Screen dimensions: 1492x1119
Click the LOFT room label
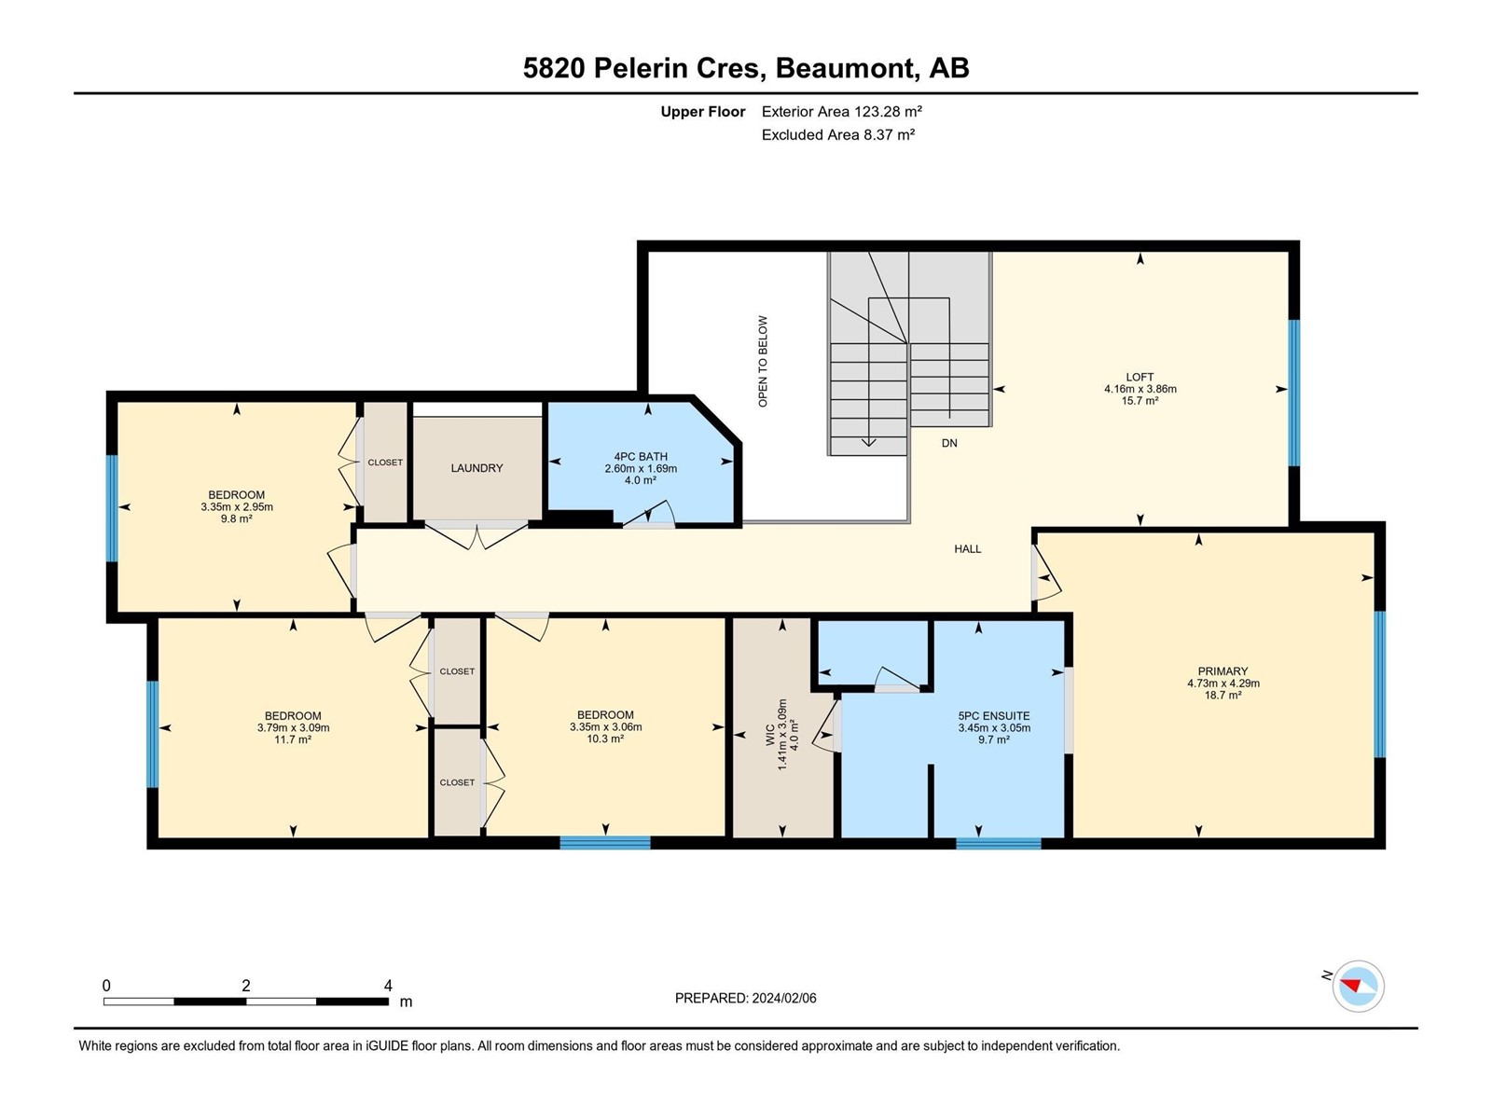pyautogui.click(x=1140, y=377)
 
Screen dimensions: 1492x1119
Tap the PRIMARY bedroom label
pyautogui.click(x=1223, y=670)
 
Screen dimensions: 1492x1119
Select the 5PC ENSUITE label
pyautogui.click(x=994, y=715)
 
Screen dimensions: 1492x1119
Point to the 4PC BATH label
pyautogui.click(x=641, y=457)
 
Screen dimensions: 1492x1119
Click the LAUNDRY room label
pyautogui.click(x=477, y=467)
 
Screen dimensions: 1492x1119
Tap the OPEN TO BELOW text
pyautogui.click(x=763, y=362)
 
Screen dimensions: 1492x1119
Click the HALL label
pyautogui.click(x=967, y=548)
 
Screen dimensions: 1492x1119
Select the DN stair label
pyautogui.click(x=949, y=443)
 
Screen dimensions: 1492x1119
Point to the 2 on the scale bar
pyautogui.click(x=246, y=985)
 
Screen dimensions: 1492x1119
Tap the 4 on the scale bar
pyautogui.click(x=388, y=985)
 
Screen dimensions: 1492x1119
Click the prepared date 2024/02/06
pyautogui.click(x=783, y=998)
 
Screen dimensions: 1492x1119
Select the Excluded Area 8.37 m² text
pyautogui.click(x=838, y=134)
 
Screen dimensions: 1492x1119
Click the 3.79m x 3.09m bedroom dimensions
pyautogui.click(x=293, y=727)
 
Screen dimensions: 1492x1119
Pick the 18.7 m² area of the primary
pyautogui.click(x=1223, y=695)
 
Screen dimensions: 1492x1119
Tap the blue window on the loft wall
pyautogui.click(x=1294, y=394)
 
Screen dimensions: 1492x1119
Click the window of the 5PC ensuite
pyautogui.click(x=999, y=844)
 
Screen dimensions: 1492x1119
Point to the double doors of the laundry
pyautogui.click(x=477, y=534)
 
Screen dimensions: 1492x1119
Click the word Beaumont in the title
pyautogui.click(x=846, y=68)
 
